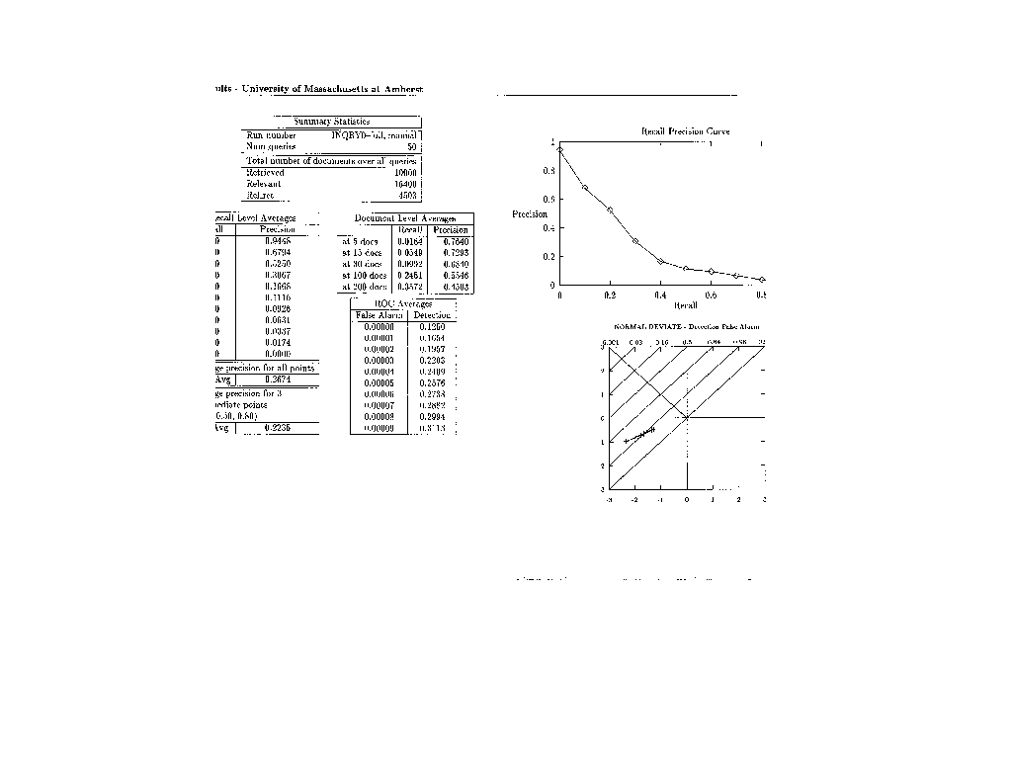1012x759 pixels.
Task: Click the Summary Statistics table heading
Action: pos(331,122)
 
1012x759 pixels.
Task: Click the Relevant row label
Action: pos(264,184)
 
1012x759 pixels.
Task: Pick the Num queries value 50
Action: pos(412,146)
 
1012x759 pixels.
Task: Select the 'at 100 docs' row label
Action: pos(362,276)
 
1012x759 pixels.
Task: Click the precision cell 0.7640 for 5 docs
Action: pos(456,241)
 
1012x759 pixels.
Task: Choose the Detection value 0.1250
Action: pos(432,326)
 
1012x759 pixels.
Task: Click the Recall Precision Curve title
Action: pos(685,131)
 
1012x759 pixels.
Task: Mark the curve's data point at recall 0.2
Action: pos(610,210)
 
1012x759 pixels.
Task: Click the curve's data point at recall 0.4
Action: pos(660,262)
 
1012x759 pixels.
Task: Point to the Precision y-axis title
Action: pos(530,213)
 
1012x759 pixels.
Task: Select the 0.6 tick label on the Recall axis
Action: pos(711,295)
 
